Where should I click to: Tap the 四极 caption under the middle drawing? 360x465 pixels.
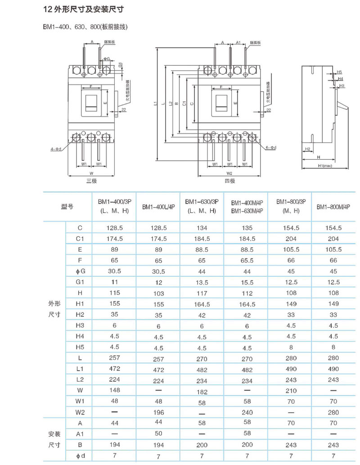(229, 181)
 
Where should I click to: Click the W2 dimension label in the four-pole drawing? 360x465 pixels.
(229, 173)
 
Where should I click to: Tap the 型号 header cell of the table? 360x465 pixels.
(67, 207)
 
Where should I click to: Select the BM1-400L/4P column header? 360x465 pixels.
(158, 207)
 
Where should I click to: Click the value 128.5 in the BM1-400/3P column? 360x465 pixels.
(114, 228)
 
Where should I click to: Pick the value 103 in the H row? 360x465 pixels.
(158, 293)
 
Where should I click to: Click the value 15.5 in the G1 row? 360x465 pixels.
(247, 282)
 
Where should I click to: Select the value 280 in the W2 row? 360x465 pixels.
(333, 412)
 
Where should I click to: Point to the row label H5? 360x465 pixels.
(80, 347)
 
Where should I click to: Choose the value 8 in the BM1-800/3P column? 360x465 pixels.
(291, 347)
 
